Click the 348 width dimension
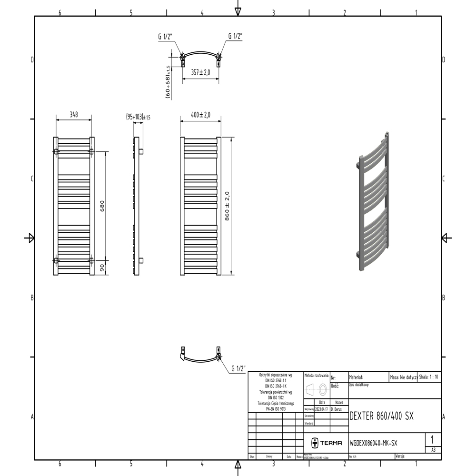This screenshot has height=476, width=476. (73, 115)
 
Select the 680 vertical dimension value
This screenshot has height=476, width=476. (101, 206)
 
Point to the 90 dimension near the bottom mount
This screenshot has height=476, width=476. (101, 268)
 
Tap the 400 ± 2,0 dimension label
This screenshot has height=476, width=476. (200, 115)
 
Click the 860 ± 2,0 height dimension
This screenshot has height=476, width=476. (227, 206)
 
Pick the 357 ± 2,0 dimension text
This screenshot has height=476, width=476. (200, 72)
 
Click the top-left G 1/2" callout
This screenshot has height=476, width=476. (165, 36)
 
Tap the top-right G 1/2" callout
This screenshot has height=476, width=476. (236, 36)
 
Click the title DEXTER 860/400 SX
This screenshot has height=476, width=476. (381, 416)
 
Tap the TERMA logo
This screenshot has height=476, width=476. (327, 443)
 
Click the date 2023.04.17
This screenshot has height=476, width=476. (322, 409)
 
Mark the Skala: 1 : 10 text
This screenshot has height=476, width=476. (429, 377)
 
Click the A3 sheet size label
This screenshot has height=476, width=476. (433, 449)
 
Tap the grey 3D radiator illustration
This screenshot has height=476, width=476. (375, 202)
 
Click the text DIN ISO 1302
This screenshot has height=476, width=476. (276, 397)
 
